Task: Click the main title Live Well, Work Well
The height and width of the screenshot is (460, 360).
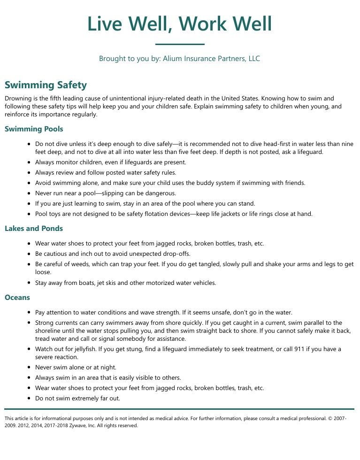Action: tap(180, 24)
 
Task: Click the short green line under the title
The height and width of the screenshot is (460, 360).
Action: tap(180, 45)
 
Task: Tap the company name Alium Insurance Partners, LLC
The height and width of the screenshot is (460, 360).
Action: tap(211, 59)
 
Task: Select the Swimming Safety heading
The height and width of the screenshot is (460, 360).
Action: tap(46, 85)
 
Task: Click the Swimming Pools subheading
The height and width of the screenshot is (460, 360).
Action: tap(34, 129)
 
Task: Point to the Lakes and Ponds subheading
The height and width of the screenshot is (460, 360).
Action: tap(34, 229)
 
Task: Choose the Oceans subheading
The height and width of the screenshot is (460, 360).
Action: tap(17, 298)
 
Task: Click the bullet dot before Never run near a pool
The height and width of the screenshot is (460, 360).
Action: tap(30, 193)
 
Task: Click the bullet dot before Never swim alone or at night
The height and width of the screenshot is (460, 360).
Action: tap(30, 368)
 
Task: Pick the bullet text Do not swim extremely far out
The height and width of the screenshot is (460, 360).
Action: tap(77, 399)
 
